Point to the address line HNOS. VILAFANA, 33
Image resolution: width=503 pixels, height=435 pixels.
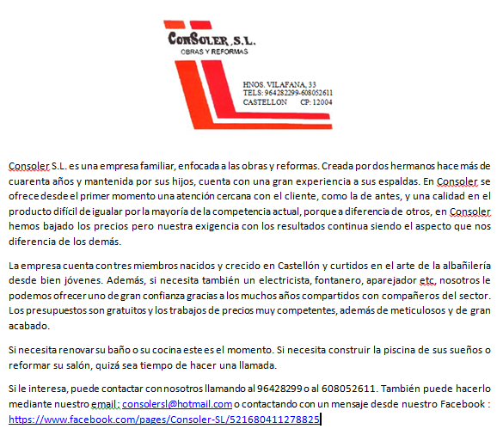coord(285,83)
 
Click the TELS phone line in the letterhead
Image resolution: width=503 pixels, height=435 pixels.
coord(287,92)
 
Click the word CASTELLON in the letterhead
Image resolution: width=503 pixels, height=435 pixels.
coord(265,101)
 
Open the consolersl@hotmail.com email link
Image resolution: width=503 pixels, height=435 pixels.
coord(177,403)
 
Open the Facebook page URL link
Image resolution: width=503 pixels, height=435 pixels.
coord(164,419)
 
